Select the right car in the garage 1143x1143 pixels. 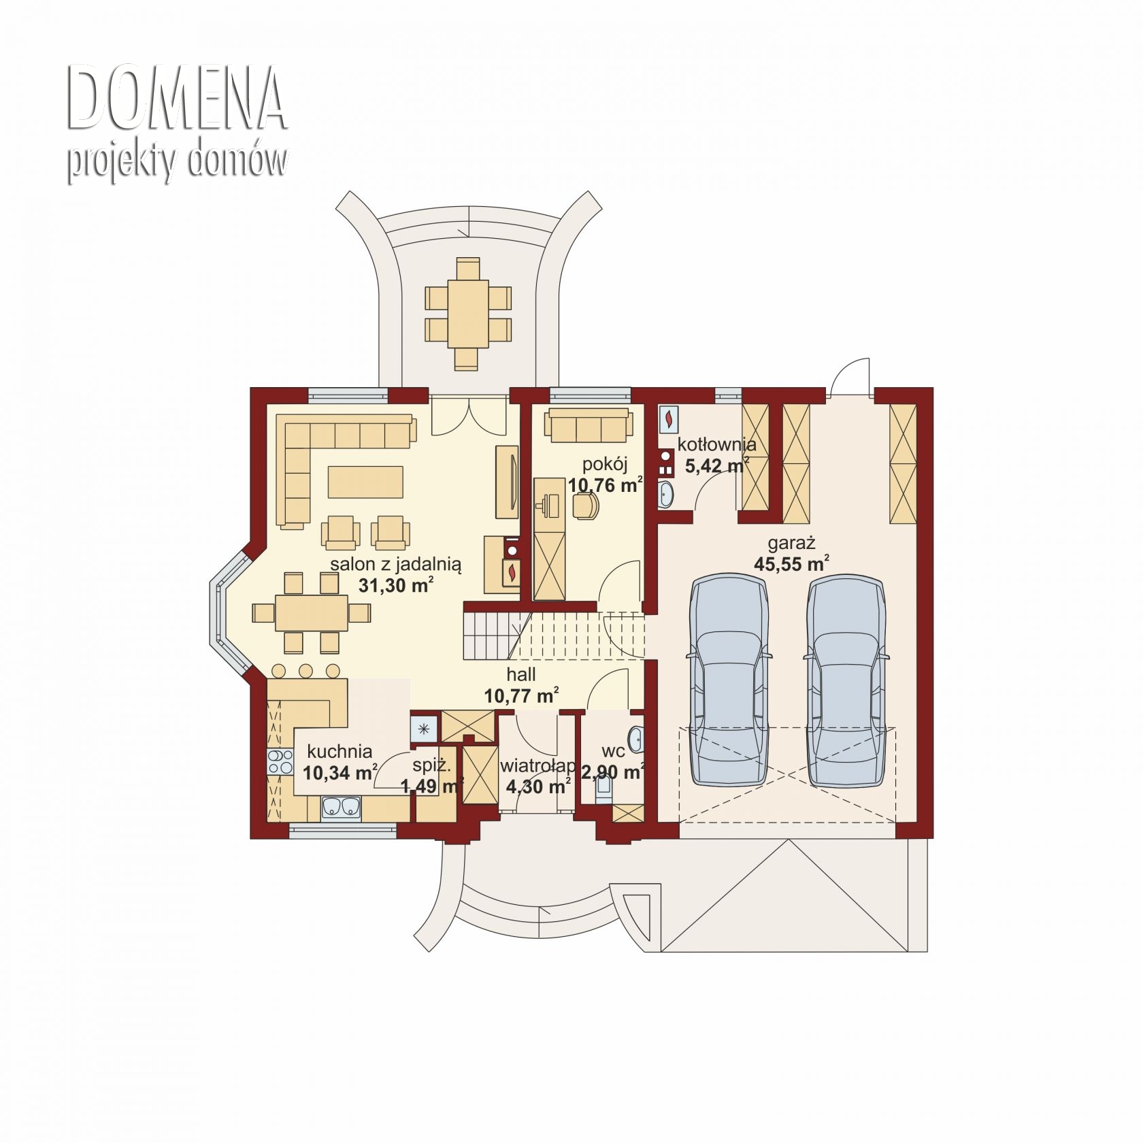(846, 680)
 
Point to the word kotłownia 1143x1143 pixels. (716, 445)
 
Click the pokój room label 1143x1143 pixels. (605, 465)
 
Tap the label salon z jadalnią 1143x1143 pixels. (396, 565)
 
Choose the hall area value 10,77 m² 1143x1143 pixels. (522, 695)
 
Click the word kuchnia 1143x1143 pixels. (339, 751)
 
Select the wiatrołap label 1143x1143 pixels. (538, 767)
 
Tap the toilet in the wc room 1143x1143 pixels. (603, 791)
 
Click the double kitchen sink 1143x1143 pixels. (341, 807)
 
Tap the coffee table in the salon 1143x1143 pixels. (365, 482)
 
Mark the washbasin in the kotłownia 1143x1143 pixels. (665, 493)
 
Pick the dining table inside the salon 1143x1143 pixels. (312, 613)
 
